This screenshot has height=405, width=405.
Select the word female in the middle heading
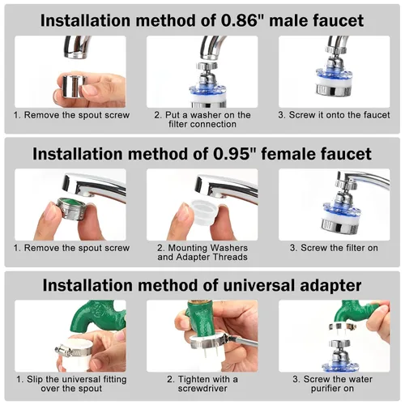point(288,154)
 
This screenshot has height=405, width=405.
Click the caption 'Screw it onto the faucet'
point(339,115)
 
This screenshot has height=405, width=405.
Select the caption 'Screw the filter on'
point(339,248)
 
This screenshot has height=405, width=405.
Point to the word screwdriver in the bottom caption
point(202,389)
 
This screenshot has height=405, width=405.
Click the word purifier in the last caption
point(324,389)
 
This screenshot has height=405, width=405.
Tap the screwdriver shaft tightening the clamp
point(241,340)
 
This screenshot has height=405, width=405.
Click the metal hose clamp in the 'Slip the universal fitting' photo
point(71,351)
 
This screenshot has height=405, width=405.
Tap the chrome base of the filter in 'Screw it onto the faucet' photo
point(334,90)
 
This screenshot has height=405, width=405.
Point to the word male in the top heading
point(290,20)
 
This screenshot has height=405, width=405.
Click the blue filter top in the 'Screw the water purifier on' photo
point(339,365)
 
